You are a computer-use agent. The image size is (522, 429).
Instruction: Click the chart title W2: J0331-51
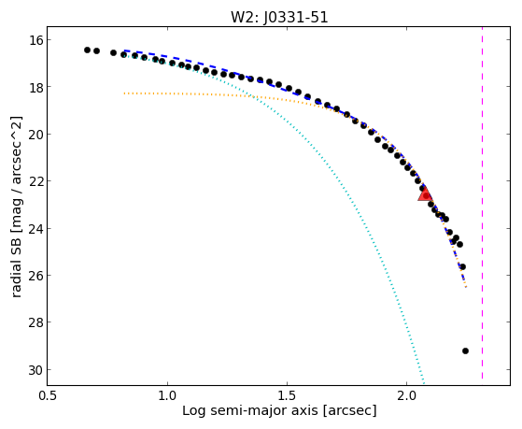click(279, 17)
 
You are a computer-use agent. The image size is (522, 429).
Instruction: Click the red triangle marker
click(425, 194)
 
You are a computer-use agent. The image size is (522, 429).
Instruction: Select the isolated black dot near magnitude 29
click(465, 350)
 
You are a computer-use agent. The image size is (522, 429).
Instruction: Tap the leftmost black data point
click(87, 50)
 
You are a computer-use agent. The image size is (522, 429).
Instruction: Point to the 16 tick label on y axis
click(35, 40)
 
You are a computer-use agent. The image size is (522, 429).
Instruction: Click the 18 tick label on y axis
click(35, 87)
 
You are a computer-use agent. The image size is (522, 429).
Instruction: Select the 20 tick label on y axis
click(35, 135)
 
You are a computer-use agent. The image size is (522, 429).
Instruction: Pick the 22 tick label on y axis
click(35, 181)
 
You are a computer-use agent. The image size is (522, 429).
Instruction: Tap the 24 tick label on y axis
click(35, 229)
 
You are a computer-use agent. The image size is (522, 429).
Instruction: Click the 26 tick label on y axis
click(35, 276)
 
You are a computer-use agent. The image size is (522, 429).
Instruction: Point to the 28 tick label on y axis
click(35, 322)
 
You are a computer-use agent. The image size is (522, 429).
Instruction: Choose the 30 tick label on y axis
click(35, 370)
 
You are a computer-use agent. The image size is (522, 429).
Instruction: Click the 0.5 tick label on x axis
click(48, 395)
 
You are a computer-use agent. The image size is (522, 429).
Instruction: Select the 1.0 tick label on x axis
click(167, 395)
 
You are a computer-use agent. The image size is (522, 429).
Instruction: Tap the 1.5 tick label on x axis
click(287, 395)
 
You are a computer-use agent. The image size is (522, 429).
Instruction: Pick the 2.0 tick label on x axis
click(406, 395)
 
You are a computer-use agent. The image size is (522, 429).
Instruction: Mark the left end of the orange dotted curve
click(124, 93)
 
